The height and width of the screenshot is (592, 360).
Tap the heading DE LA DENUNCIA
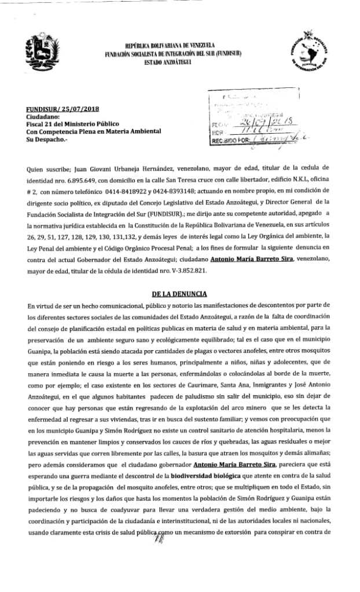coord(179,293)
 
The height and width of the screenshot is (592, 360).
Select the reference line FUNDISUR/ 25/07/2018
coord(56,109)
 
